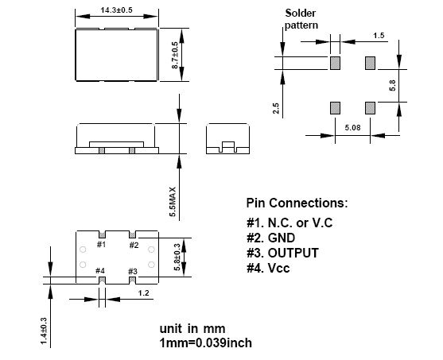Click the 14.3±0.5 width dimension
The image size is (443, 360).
tap(116, 10)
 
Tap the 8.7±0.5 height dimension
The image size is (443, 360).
tap(175, 55)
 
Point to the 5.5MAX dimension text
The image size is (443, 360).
tap(173, 202)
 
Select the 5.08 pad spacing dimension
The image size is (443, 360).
tap(352, 128)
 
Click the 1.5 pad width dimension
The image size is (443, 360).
tap(379, 36)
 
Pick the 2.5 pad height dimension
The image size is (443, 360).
tap(276, 108)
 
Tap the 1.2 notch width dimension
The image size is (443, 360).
tap(143, 293)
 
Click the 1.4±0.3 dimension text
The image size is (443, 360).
tap(44, 331)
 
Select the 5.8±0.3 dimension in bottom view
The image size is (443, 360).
tap(177, 257)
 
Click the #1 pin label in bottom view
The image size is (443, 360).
tap(101, 244)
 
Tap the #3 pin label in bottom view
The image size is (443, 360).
tap(133, 272)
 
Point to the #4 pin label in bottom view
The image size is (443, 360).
tap(100, 271)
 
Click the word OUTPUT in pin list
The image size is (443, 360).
tap(293, 253)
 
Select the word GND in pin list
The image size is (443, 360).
tap(282, 238)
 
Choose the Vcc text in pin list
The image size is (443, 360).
tap(278, 269)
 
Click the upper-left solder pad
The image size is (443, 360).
tap(335, 64)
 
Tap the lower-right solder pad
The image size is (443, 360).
tap(370, 108)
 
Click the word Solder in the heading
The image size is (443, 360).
tap(301, 13)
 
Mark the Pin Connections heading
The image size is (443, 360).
tap(297, 203)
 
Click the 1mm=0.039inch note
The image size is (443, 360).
tap(206, 343)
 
